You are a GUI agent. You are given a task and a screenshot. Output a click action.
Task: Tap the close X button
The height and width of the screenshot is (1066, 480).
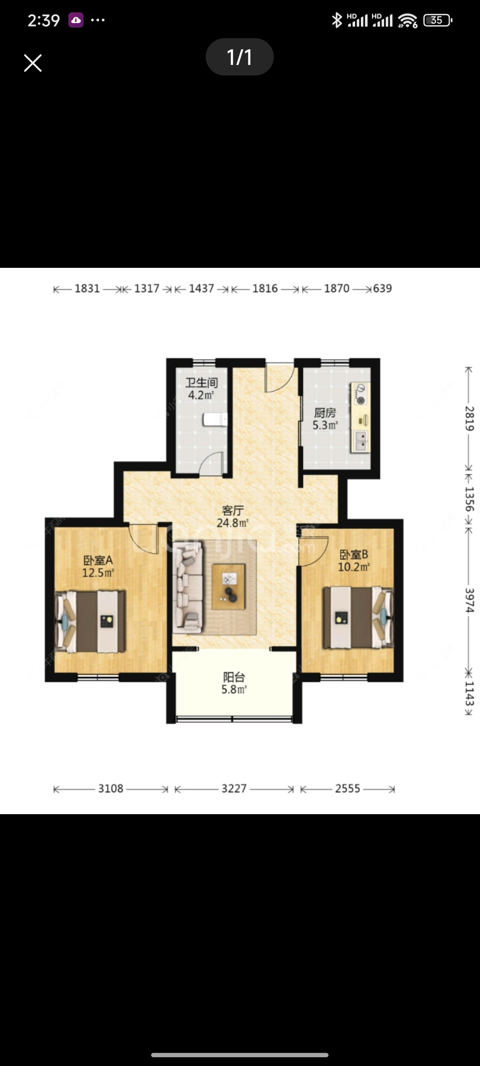[x=33, y=63]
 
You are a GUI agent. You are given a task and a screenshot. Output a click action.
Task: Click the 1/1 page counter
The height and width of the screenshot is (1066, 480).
[x=240, y=57]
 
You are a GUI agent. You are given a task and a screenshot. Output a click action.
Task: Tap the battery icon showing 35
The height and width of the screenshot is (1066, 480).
[x=437, y=20]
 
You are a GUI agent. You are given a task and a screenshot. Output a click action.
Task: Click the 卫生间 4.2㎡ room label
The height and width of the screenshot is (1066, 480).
[x=201, y=389]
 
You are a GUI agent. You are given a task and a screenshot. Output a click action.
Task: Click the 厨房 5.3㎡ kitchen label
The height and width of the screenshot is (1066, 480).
[x=325, y=419]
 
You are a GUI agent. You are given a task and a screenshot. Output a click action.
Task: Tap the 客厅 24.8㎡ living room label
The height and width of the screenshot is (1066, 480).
[x=232, y=517]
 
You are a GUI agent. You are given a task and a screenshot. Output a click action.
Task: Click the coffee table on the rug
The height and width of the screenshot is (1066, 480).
[x=228, y=586]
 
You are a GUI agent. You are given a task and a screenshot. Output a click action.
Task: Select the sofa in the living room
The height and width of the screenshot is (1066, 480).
[x=188, y=586]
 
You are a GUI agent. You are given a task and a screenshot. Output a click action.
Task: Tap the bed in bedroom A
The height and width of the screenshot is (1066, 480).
[x=90, y=621]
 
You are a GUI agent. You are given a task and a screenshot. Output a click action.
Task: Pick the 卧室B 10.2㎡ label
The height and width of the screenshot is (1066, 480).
[x=354, y=561]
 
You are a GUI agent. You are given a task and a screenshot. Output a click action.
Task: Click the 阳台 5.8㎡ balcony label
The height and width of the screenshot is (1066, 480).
[x=234, y=683]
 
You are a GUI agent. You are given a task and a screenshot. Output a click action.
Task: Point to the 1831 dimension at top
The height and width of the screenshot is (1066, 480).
[x=87, y=289]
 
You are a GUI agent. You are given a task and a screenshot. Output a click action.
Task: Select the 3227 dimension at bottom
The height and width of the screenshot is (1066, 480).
[x=234, y=788]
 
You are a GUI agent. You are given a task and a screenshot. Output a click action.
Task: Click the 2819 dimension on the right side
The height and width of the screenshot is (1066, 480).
[x=469, y=418]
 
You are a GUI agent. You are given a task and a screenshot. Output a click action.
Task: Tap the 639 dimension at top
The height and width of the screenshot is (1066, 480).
[x=382, y=289]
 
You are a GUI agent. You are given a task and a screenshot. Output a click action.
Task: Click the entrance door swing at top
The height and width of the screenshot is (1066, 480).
[x=278, y=378]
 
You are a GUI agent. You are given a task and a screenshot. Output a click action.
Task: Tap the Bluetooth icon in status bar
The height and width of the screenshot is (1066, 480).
[x=337, y=20]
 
